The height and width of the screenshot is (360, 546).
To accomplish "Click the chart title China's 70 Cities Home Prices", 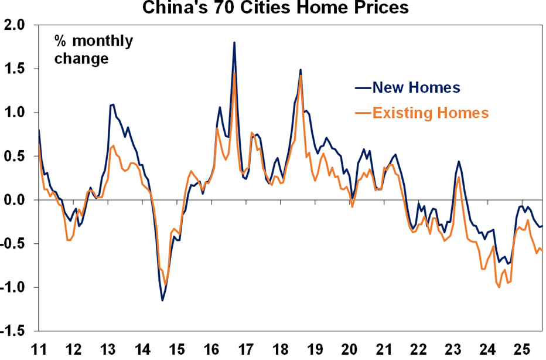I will point(272,8).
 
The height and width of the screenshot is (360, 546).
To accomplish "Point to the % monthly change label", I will point(94,50).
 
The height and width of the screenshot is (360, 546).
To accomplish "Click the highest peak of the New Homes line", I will point(234,42).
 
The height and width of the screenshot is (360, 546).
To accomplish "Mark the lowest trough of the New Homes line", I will point(162,301).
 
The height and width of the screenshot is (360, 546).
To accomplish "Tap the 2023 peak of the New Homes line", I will point(458,161).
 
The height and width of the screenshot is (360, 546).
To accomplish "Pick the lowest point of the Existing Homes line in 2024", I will point(499,287).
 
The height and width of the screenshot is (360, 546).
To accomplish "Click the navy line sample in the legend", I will point(363,88).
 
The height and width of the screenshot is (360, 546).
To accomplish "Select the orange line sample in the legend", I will point(363,113).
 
